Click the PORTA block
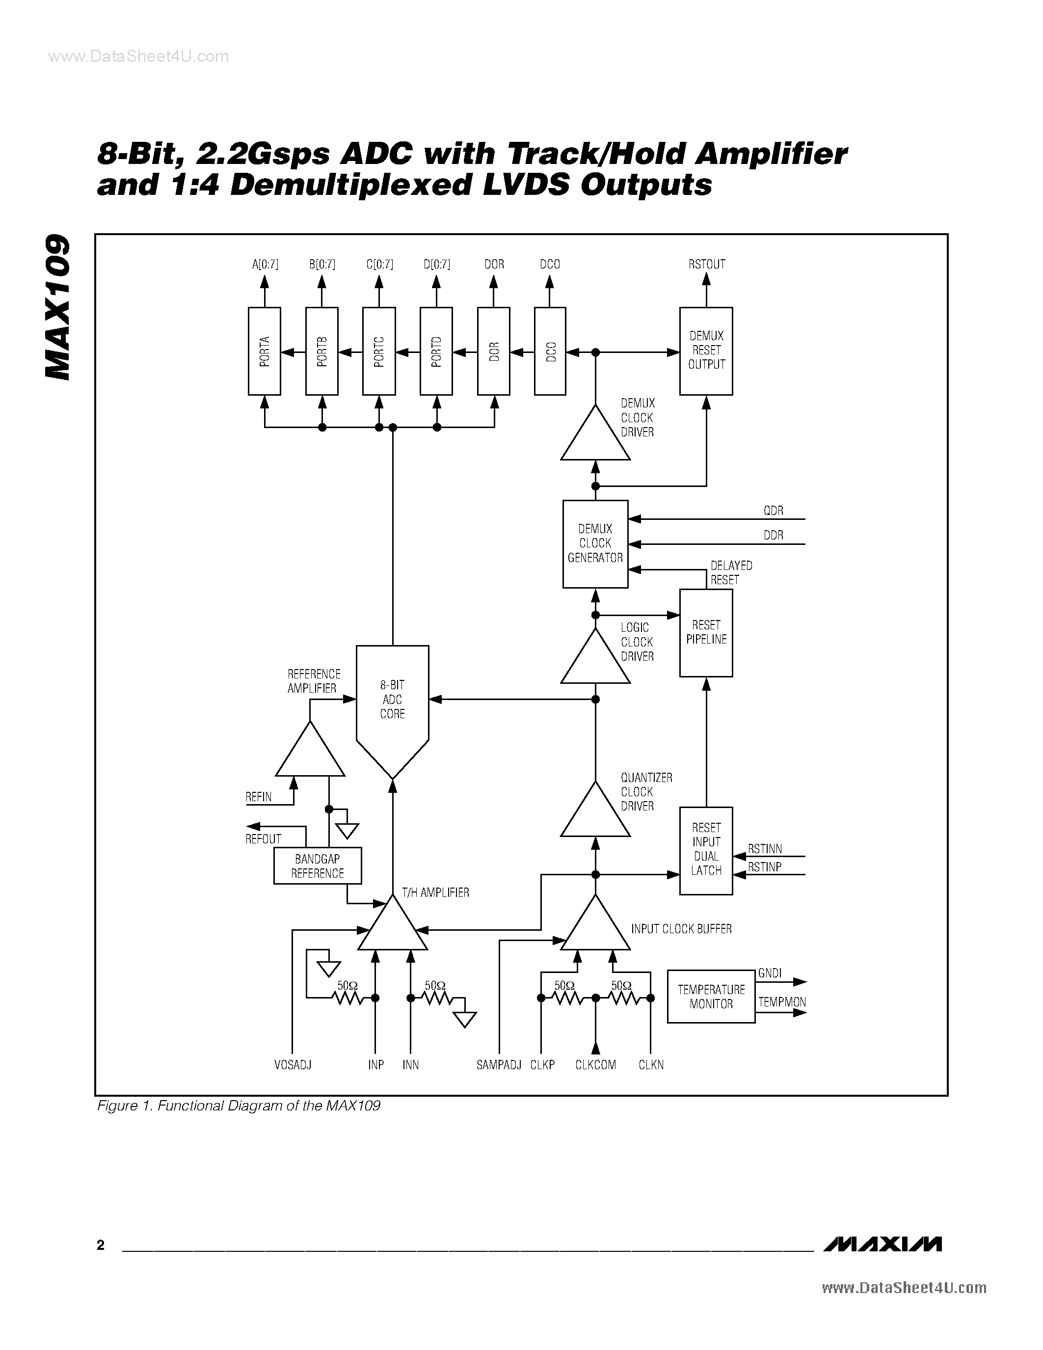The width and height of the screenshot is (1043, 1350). [265, 351]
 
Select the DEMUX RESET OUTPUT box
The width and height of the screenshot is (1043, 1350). [706, 351]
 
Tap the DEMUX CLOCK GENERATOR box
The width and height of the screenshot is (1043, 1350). [595, 544]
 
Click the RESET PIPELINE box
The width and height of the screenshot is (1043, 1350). [706, 632]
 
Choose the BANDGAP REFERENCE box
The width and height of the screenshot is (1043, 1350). [318, 866]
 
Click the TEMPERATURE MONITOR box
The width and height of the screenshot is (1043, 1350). [711, 997]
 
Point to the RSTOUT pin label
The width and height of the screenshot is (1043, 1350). [706, 265]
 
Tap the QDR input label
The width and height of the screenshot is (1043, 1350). [773, 511]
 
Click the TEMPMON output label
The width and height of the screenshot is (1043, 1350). [781, 1002]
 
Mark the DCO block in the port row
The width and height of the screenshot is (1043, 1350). [550, 351]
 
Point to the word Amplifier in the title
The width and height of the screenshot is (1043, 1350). [771, 154]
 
